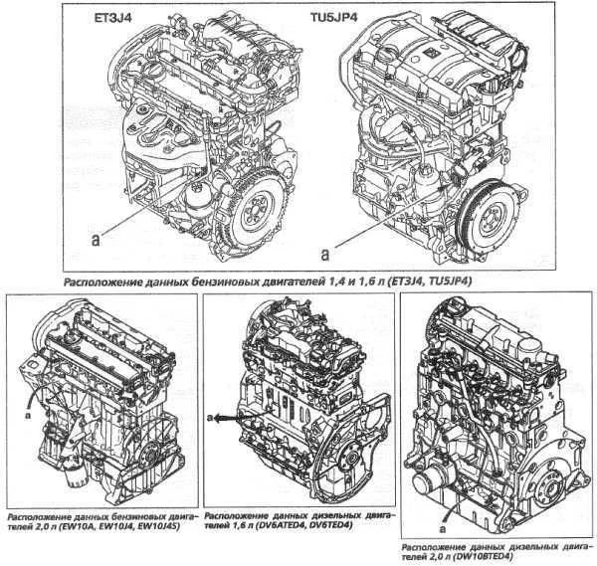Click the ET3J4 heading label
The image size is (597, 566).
click(113, 17)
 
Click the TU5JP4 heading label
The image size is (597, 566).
click(334, 17)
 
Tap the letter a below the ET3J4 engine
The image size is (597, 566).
click(96, 240)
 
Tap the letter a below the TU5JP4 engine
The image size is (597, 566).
click(324, 255)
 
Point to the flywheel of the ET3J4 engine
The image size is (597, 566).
click(255, 213)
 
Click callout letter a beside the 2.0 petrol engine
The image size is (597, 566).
click(28, 416)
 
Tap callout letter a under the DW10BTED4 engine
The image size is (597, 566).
click(442, 529)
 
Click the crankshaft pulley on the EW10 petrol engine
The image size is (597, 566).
click(149, 456)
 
